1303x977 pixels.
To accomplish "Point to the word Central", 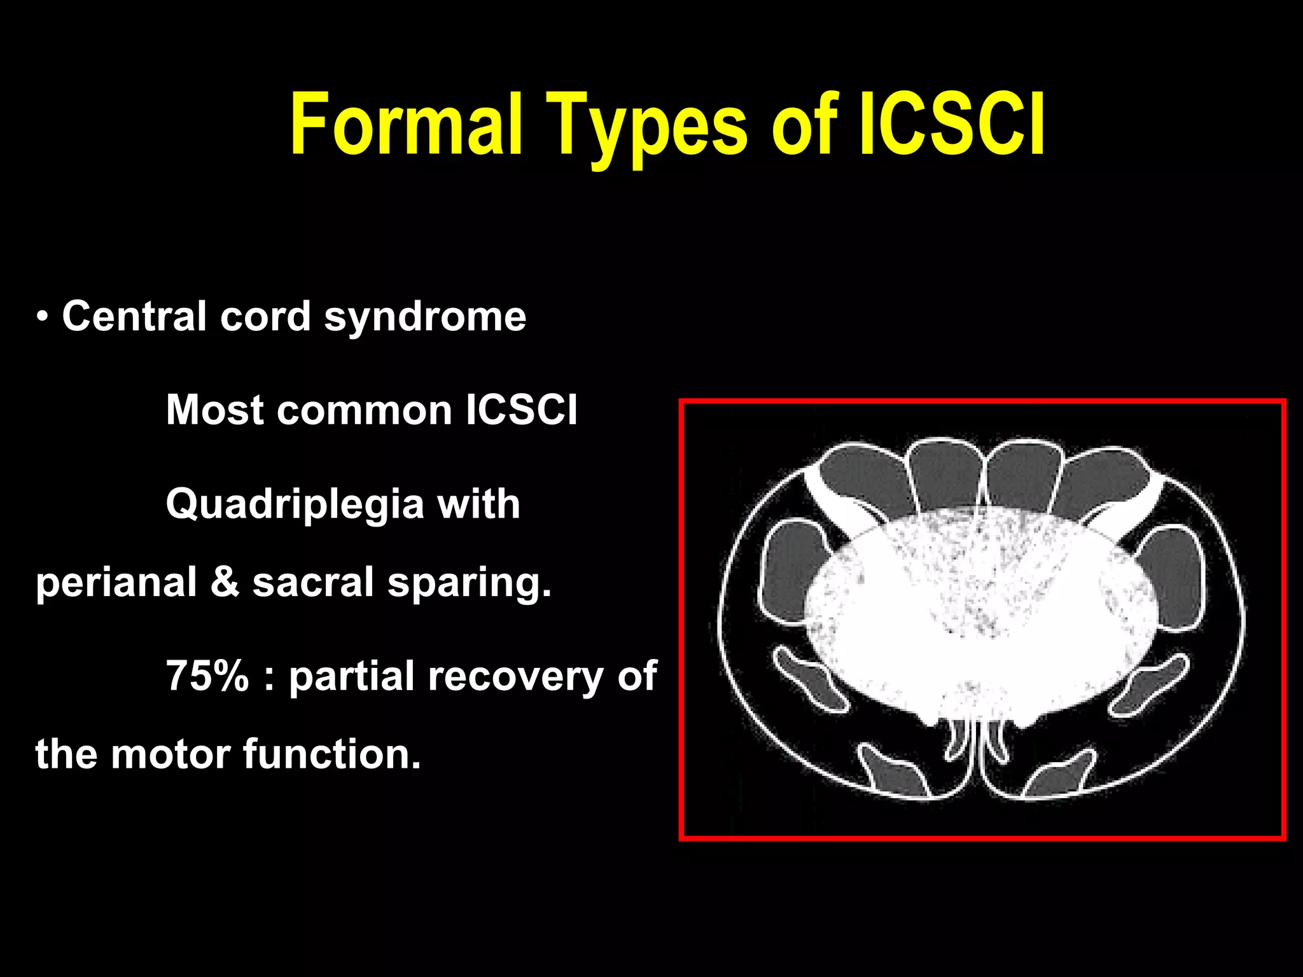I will (134, 316).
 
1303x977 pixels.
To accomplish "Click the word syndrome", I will (425, 316).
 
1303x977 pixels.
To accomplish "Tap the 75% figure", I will (207, 676).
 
